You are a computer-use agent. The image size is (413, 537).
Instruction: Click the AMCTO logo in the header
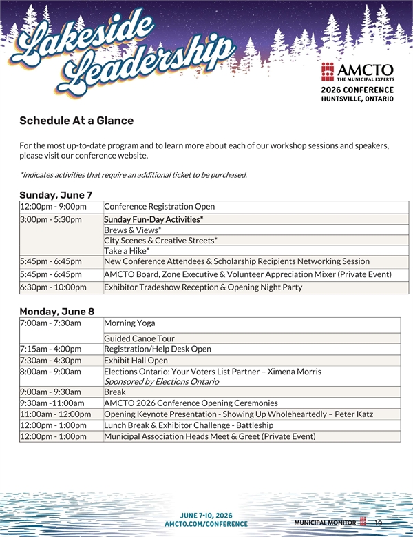coord(357,72)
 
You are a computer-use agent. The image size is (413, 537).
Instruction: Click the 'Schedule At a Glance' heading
coord(76,121)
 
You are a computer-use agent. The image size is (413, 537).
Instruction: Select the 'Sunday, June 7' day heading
coord(56,195)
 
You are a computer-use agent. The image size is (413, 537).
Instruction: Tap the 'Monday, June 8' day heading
coord(57,312)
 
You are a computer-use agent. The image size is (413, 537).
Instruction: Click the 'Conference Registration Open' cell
coord(159,206)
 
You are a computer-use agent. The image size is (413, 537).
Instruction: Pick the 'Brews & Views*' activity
coord(133,230)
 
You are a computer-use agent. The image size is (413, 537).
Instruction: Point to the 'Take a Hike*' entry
coord(127,251)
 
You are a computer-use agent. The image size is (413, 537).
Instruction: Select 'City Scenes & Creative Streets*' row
coord(160,240)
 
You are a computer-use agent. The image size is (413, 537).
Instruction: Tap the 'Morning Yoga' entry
coord(129,323)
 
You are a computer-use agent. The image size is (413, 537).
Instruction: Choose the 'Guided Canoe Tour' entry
coord(139,338)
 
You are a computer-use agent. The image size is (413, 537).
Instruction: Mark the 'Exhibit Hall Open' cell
coord(136,360)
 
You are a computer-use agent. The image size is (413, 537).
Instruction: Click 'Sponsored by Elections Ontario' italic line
coord(161,381)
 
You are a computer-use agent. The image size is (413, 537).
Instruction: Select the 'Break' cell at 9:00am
coord(115,392)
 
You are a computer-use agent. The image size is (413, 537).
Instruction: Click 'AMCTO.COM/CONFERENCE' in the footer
coord(206,524)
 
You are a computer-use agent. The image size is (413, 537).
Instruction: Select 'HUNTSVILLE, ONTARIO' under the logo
coord(357,99)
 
